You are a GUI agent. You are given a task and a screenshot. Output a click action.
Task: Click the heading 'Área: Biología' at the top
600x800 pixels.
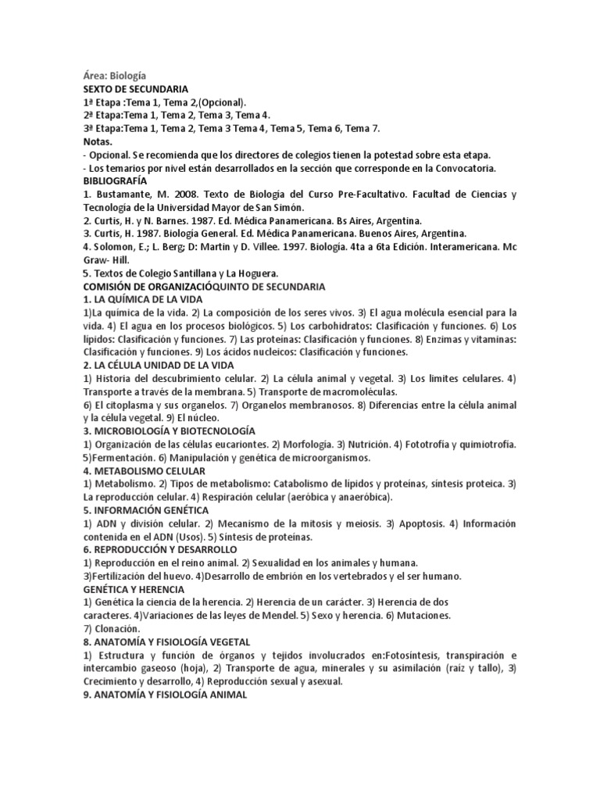[x=120, y=77]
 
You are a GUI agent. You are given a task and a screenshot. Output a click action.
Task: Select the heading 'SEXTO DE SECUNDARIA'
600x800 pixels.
[x=136, y=90]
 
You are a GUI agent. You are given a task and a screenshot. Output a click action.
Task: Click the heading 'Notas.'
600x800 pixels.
[x=98, y=142]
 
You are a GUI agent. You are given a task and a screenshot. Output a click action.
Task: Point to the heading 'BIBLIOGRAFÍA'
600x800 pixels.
[x=116, y=181]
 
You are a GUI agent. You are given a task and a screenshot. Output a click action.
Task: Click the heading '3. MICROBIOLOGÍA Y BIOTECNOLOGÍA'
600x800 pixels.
[x=170, y=431]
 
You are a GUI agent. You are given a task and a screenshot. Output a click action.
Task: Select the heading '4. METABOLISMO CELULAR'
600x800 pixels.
[x=145, y=471]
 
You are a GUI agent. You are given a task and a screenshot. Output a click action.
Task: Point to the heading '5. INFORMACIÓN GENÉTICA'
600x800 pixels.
[x=145, y=510]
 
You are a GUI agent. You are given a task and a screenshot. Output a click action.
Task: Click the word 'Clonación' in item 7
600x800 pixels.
[x=116, y=629]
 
